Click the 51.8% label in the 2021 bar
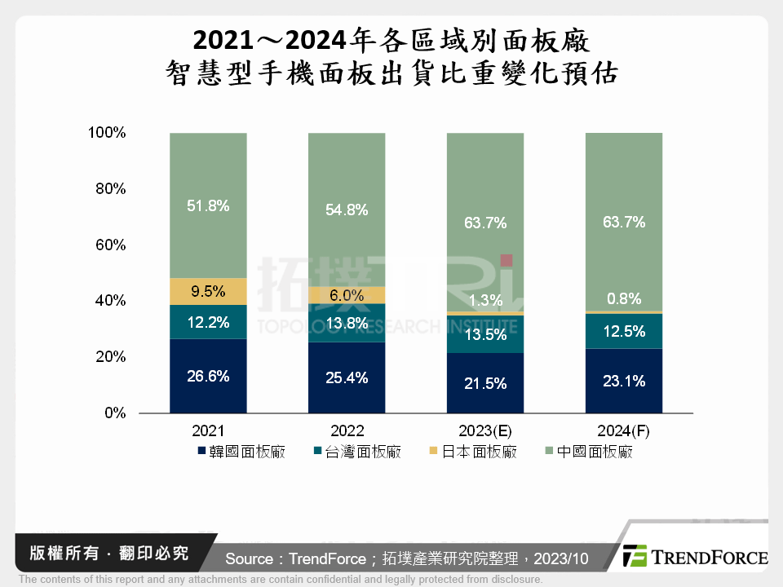pyautogui.click(x=208, y=206)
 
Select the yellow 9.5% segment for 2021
pyautogui.click(x=208, y=291)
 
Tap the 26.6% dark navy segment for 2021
pyautogui.click(x=208, y=376)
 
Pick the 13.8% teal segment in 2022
pyautogui.click(x=347, y=323)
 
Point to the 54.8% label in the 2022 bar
pyautogui.click(x=347, y=210)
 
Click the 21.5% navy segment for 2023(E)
pyautogui.click(x=485, y=383)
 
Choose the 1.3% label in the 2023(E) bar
pyautogui.click(x=485, y=299)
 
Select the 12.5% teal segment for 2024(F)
pyautogui.click(x=624, y=331)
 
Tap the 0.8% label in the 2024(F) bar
pyautogui.click(x=624, y=298)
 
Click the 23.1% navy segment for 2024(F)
pyautogui.click(x=624, y=381)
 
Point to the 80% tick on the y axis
pyautogui.click(x=108, y=188)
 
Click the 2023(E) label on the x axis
pyautogui.click(x=485, y=430)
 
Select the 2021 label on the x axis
pyautogui.click(x=208, y=430)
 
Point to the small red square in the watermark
pyautogui.click(x=506, y=261)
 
